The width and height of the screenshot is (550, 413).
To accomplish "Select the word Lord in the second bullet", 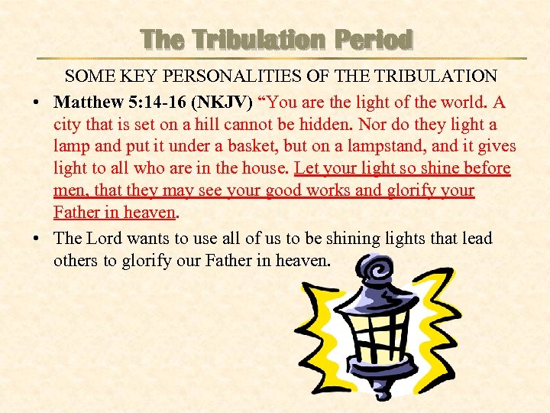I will click(106, 239).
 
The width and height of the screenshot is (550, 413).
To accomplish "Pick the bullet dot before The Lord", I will click(37, 239).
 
